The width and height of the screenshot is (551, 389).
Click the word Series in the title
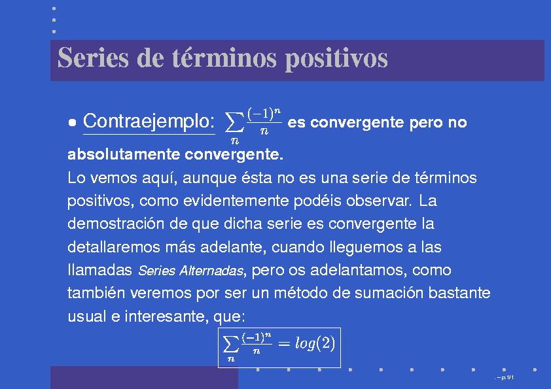tap(93, 58)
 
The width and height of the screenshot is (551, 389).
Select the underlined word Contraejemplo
tap(149, 122)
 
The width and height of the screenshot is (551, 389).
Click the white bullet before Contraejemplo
tap(73, 122)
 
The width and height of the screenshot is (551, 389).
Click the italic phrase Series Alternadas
tap(190, 271)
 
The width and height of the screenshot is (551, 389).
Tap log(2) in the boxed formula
tap(315, 343)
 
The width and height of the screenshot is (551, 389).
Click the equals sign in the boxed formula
tap(283, 343)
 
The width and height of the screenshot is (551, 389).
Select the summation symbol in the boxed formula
tap(230, 344)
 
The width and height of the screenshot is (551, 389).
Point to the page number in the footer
tap(505, 378)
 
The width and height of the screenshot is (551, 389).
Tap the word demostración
tap(116, 224)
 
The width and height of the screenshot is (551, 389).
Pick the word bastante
tap(459, 293)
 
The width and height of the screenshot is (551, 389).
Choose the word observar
tap(378, 201)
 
